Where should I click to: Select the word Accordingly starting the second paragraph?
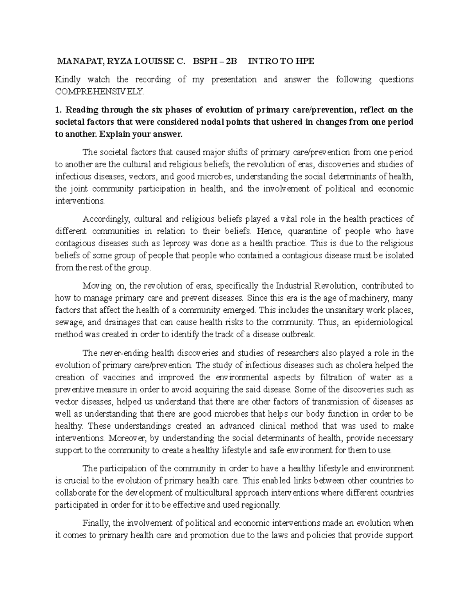[x=104, y=219]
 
